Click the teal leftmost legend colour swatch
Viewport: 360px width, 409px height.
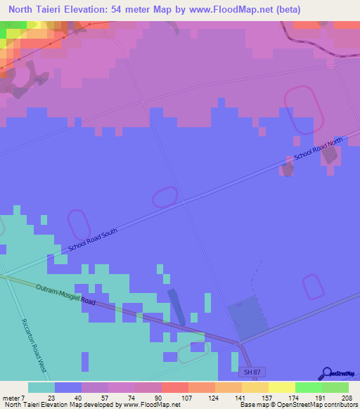41,387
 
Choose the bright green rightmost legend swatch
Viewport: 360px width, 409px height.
335,387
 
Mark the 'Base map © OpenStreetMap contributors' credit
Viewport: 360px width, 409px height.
296,405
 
